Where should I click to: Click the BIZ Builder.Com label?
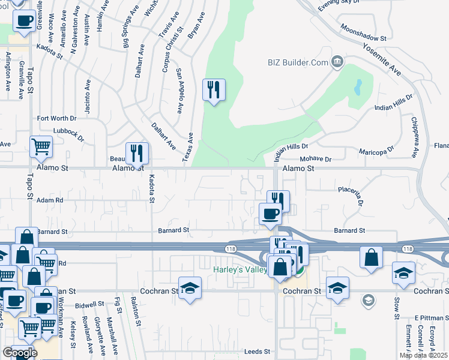[298, 62]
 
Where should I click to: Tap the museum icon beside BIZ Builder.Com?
[337, 61]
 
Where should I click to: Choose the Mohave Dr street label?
[319, 160]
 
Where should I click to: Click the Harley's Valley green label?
[239, 270]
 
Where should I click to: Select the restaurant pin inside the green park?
[214, 90]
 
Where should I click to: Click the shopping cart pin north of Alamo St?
[40, 147]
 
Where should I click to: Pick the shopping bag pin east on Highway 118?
[372, 257]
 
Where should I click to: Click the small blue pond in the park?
[358, 88]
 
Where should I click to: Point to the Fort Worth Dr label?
[57, 119]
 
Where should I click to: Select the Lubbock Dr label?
[67, 132]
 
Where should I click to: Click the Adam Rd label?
[50, 200]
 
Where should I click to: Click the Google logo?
[19, 353]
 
